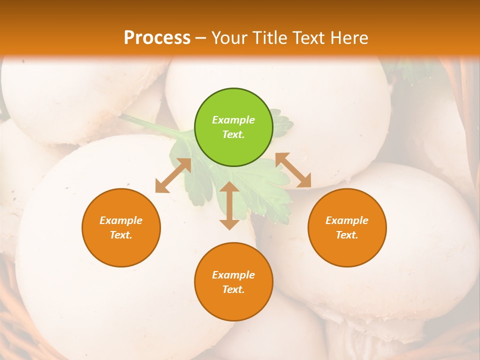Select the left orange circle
(x=121, y=227)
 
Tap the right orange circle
(x=347, y=227)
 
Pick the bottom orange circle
(x=233, y=281)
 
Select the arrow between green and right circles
(x=293, y=170)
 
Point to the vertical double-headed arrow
(x=229, y=205)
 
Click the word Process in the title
(x=157, y=37)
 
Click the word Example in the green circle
(x=233, y=120)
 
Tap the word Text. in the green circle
(x=233, y=134)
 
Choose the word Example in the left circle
(x=121, y=220)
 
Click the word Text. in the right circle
(x=347, y=235)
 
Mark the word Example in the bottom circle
(x=233, y=275)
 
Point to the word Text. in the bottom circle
(x=233, y=289)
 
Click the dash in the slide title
(x=201, y=38)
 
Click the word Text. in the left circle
(x=121, y=235)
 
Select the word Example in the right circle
(x=347, y=220)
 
